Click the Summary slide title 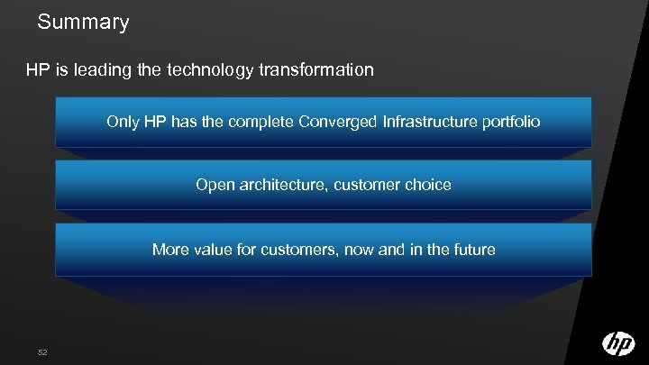[x=84, y=22]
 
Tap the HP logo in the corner [x=618, y=343]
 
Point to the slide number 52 [x=43, y=351]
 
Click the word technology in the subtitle [x=208, y=68]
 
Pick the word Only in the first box [x=122, y=121]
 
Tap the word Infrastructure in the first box [x=432, y=121]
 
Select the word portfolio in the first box [x=513, y=121]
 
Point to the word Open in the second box [x=214, y=185]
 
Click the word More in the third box [x=171, y=249]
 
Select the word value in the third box [x=216, y=249]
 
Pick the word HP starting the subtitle [x=37, y=68]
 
